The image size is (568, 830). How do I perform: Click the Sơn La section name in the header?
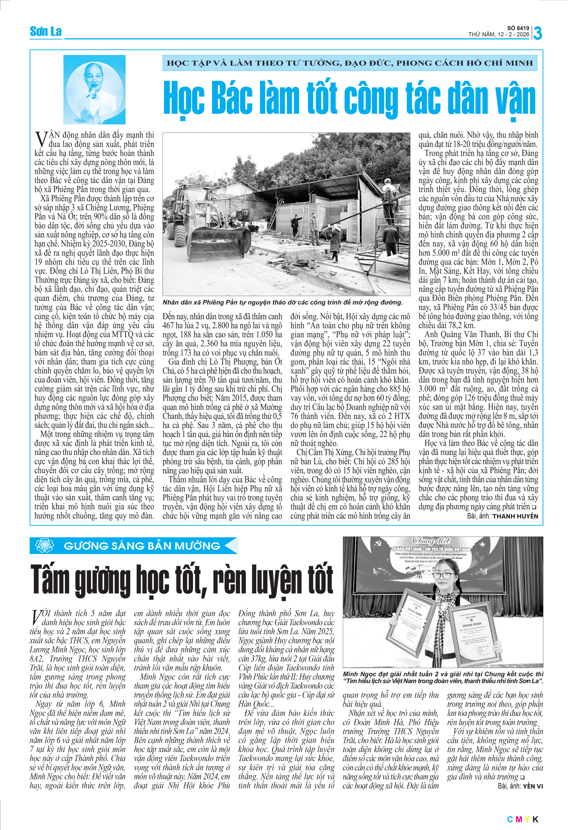46,32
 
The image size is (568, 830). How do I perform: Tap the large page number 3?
537,33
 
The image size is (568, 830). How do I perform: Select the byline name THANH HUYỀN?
515,516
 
